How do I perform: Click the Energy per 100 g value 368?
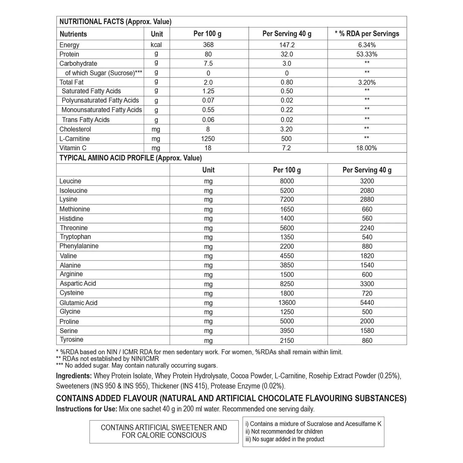click(x=208, y=45)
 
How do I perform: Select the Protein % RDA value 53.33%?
click(x=367, y=54)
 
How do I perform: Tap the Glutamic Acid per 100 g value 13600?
click(x=287, y=303)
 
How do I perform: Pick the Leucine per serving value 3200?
click(x=367, y=181)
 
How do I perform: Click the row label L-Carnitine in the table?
click(x=74, y=139)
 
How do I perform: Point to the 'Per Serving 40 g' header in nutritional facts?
click(x=287, y=34)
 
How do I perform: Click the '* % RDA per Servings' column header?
click(x=367, y=34)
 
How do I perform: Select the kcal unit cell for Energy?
click(x=156, y=45)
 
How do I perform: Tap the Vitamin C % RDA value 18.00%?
click(x=366, y=148)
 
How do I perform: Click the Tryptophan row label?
click(x=75, y=237)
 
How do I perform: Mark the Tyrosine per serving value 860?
click(x=367, y=341)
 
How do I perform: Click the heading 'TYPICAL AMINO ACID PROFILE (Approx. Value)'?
click(x=131, y=158)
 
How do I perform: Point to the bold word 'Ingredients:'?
click(x=74, y=376)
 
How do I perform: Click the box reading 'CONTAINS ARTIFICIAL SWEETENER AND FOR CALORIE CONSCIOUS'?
click(x=164, y=432)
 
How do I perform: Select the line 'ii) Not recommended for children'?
click(x=284, y=432)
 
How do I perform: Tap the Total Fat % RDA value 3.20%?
click(x=367, y=82)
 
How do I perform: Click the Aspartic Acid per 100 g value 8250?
click(x=287, y=284)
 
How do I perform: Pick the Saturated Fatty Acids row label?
click(x=91, y=91)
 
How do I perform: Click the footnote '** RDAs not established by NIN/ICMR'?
click(x=107, y=359)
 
